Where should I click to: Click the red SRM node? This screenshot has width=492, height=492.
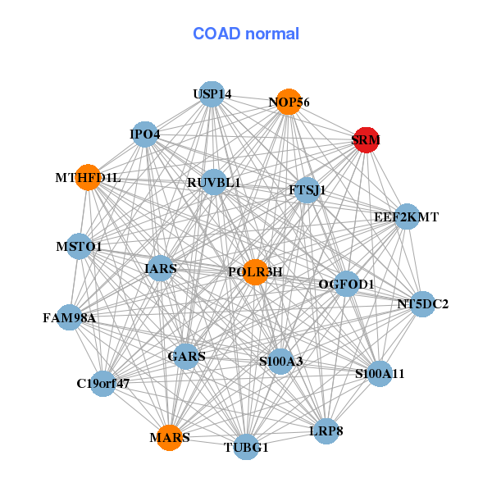tap(366, 139)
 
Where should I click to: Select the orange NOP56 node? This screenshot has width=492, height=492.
tap(288, 102)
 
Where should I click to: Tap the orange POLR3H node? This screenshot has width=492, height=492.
tap(256, 272)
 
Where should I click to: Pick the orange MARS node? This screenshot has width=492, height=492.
tap(170, 438)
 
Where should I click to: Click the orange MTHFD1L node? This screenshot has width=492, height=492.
tap(88, 177)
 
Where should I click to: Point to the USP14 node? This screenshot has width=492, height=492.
tap(212, 94)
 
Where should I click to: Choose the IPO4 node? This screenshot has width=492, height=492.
tap(145, 134)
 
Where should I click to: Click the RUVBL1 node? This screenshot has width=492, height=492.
tap(214, 182)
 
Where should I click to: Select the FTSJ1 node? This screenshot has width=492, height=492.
tap(307, 190)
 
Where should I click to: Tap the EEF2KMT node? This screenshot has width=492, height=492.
tap(407, 217)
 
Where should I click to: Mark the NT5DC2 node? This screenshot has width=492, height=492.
tap(422, 304)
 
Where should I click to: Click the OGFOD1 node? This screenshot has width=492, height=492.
tap(347, 285)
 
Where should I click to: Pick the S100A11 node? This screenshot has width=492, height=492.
tap(380, 374)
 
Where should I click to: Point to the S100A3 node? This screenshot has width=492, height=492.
tap(281, 361)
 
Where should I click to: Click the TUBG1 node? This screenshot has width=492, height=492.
tap(247, 447)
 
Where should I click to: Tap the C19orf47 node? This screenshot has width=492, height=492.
tap(103, 383)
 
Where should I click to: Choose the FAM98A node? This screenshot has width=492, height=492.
tap(70, 317)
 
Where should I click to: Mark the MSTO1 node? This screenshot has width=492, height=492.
tap(79, 246)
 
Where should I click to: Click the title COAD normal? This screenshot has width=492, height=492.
tap(246, 34)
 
